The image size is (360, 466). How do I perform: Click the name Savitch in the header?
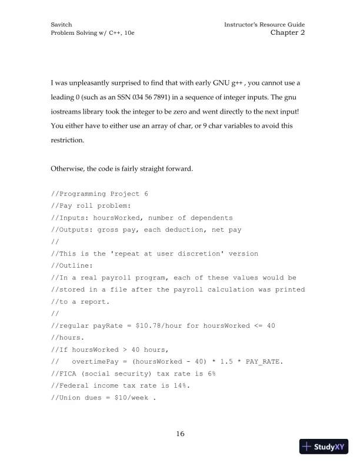[x=61, y=24]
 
